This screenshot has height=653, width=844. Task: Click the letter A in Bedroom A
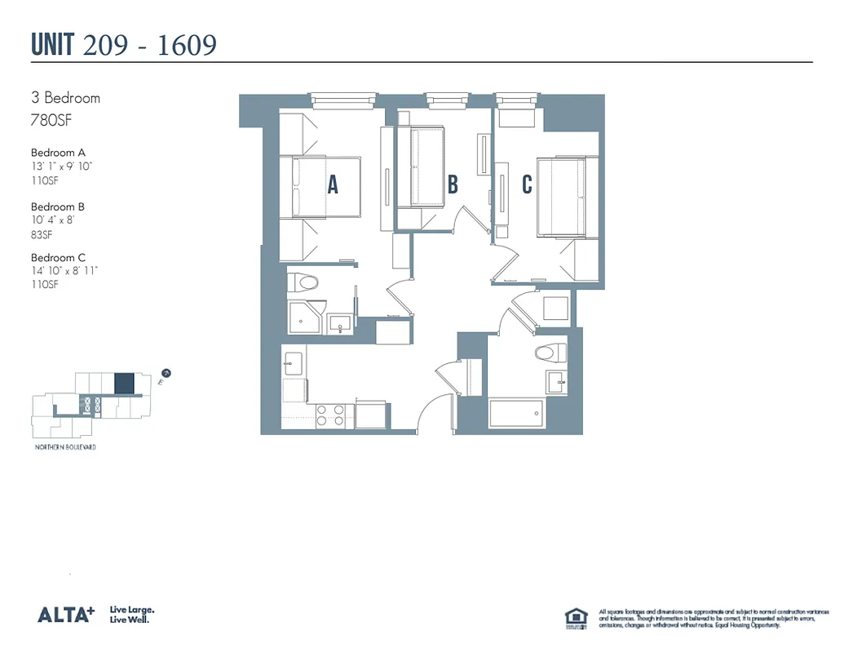click(x=333, y=185)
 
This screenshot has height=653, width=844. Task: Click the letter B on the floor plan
click(x=453, y=184)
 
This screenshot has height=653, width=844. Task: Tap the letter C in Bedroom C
click(x=527, y=184)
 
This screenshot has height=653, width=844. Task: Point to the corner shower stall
click(x=307, y=317)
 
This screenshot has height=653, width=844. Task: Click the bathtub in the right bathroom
click(x=515, y=413)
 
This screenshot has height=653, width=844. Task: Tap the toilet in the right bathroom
click(x=550, y=353)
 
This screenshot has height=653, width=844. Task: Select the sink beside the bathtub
click(x=557, y=380)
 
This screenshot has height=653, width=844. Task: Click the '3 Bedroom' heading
click(x=65, y=98)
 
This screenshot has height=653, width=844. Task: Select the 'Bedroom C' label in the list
click(x=58, y=258)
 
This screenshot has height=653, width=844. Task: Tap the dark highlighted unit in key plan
click(x=124, y=382)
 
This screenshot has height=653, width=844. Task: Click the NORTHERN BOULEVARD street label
click(x=65, y=447)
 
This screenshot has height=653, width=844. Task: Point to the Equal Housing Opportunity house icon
click(x=576, y=618)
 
